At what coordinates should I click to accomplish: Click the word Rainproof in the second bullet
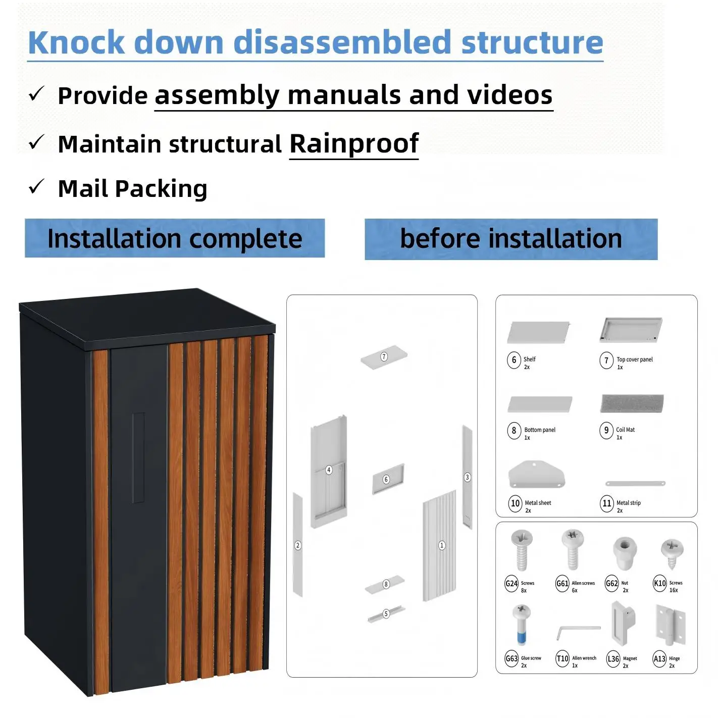pos(353,143)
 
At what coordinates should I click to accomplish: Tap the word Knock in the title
pos(76,42)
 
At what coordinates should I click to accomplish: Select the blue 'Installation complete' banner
pos(175,238)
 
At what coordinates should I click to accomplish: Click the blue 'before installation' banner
pos(511,239)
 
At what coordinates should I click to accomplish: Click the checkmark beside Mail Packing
pos(36,186)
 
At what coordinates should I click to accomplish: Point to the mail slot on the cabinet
pos(139,457)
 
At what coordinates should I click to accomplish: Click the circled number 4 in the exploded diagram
pos(329,470)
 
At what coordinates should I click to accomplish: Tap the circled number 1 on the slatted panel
pos(441,545)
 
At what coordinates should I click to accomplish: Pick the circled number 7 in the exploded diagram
pos(384,356)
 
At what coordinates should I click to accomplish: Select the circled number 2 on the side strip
pos(298,545)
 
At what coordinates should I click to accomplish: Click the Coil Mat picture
pos(632,403)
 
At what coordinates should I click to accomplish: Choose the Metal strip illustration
pos(635,483)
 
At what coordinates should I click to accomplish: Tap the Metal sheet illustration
pos(537,474)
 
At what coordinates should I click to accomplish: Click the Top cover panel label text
pos(635,359)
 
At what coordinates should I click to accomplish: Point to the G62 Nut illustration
pos(625,553)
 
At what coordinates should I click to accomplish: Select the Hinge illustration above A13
pos(671,626)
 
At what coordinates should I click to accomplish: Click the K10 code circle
pos(660,583)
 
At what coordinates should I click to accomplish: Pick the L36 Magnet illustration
pos(623,624)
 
